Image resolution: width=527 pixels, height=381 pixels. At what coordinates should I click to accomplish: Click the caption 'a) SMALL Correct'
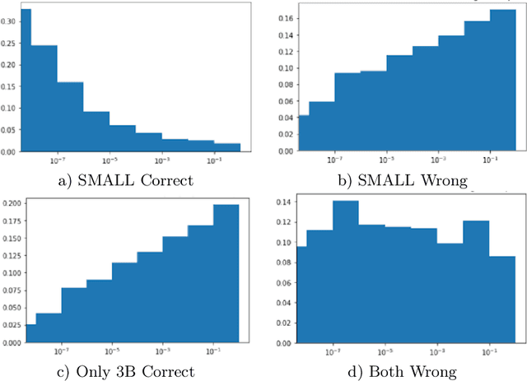click(x=127, y=179)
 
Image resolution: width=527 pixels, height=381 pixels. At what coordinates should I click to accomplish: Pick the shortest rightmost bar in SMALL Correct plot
click(x=227, y=147)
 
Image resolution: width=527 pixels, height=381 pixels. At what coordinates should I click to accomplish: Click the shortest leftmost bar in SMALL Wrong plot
click(x=303, y=133)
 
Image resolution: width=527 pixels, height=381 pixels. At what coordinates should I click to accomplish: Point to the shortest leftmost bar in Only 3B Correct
click(x=30, y=332)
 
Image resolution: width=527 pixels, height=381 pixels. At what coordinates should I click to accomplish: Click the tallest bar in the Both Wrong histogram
click(x=345, y=271)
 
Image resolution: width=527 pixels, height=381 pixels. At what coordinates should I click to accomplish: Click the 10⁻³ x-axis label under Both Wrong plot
click(x=437, y=348)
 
